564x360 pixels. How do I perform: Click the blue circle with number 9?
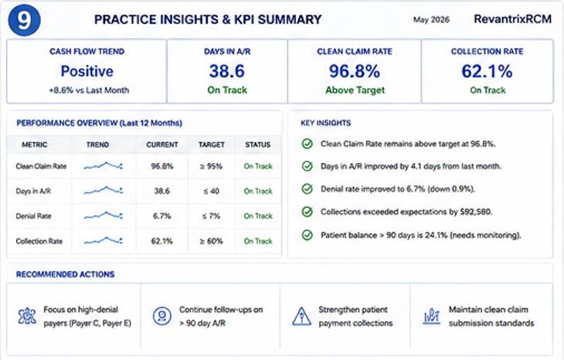point(24,20)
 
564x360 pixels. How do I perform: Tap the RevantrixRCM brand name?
point(512,19)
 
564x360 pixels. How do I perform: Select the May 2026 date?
point(431,20)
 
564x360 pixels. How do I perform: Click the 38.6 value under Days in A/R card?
point(227,71)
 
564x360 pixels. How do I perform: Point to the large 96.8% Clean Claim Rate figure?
point(355,71)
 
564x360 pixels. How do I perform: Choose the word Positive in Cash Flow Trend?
point(87,71)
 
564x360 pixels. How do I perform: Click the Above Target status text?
point(355,90)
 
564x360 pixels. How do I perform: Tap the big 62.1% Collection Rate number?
point(487,71)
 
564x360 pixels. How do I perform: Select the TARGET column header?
point(212,144)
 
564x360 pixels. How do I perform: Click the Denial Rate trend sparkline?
point(104,216)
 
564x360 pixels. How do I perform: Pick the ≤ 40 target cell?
point(212,191)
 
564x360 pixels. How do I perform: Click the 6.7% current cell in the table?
point(162,216)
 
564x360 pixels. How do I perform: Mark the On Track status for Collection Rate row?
point(258,241)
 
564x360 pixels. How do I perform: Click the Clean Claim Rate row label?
point(41,166)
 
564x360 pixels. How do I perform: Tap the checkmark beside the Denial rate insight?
point(307,188)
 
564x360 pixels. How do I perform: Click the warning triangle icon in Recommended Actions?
point(301,317)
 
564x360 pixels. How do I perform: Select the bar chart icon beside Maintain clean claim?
point(432,317)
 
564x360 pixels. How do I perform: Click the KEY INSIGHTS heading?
point(326,123)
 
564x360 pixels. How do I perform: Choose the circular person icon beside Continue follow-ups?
point(162,316)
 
